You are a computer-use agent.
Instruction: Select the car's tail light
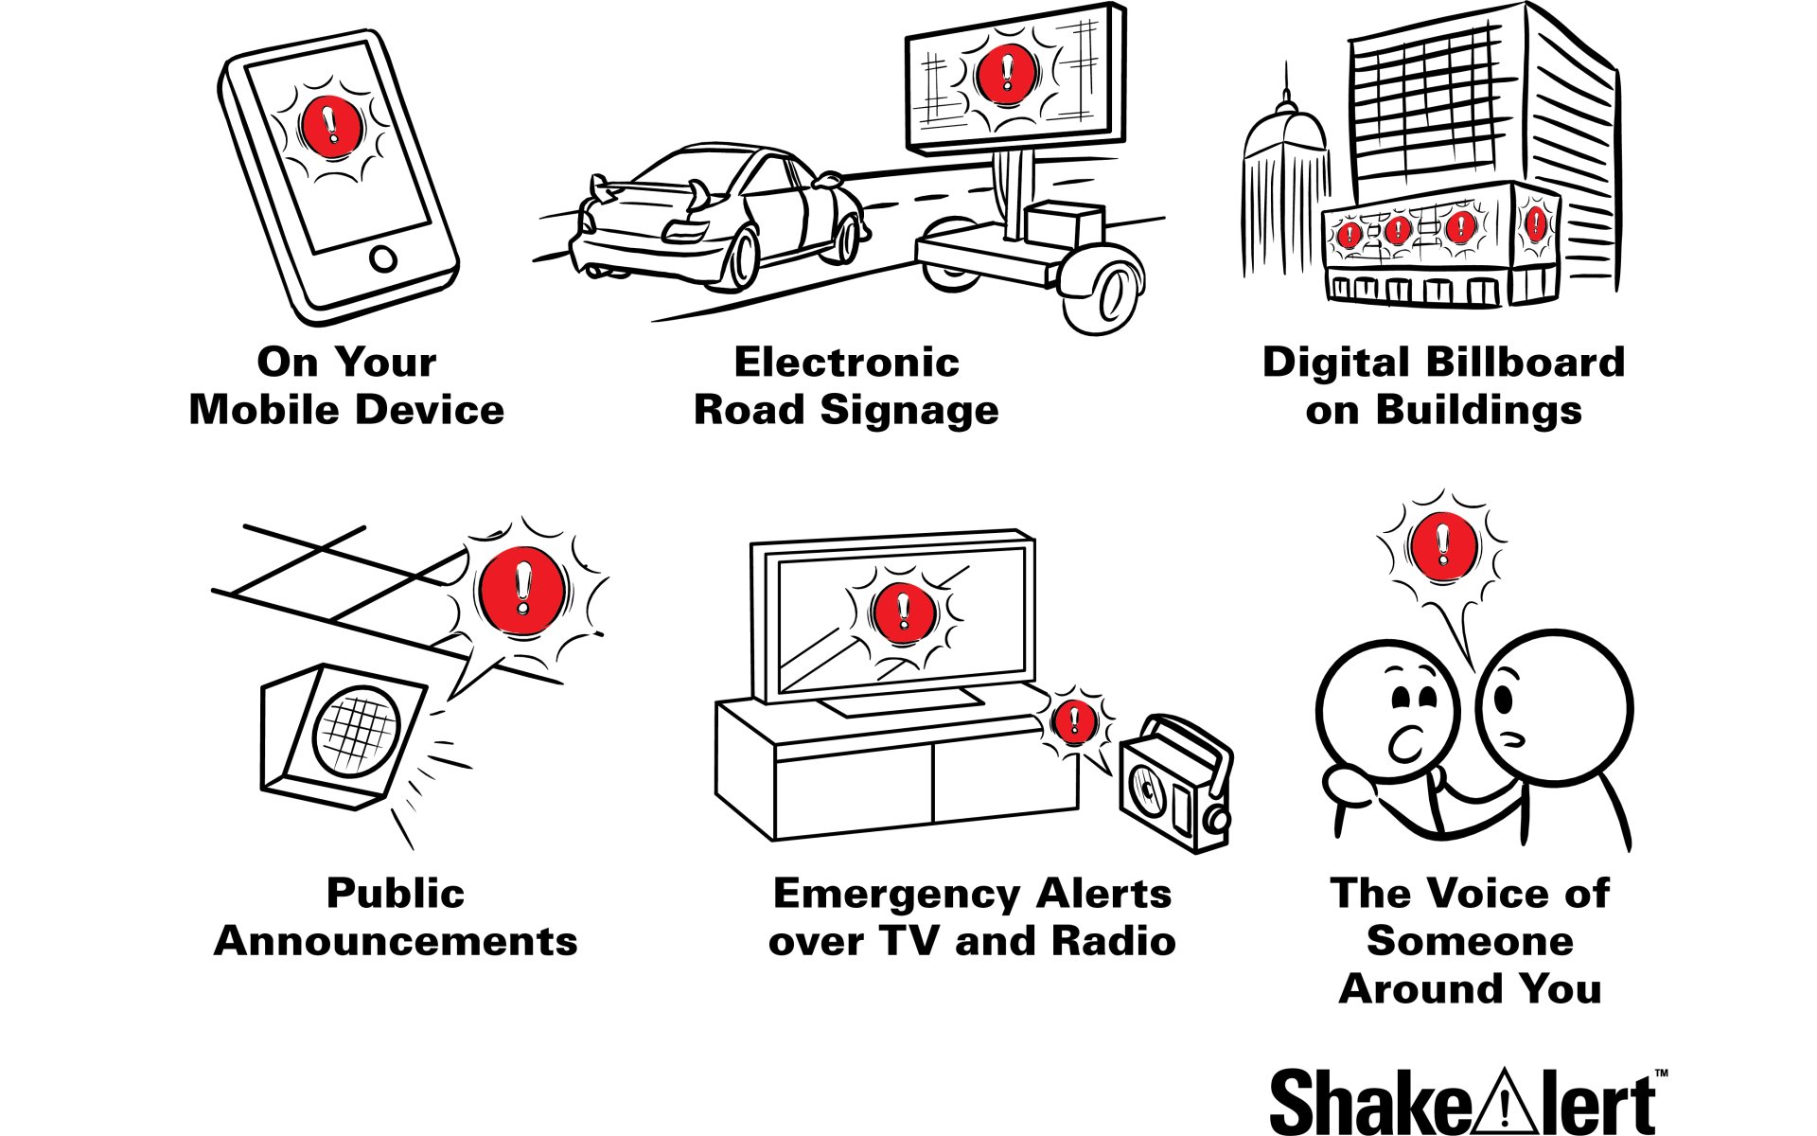click(x=686, y=229)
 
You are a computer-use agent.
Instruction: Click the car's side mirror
click(x=828, y=181)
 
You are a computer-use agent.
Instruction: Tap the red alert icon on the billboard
click(x=1005, y=73)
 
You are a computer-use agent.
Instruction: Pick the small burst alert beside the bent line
click(x=1074, y=722)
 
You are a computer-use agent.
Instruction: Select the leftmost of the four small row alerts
click(x=1350, y=236)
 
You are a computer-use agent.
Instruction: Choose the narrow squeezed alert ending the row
click(x=1535, y=225)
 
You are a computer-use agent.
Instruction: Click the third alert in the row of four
click(x=1460, y=227)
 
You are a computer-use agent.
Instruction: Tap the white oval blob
click(x=1350, y=786)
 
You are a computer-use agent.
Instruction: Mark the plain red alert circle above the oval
click(x=1442, y=545)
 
